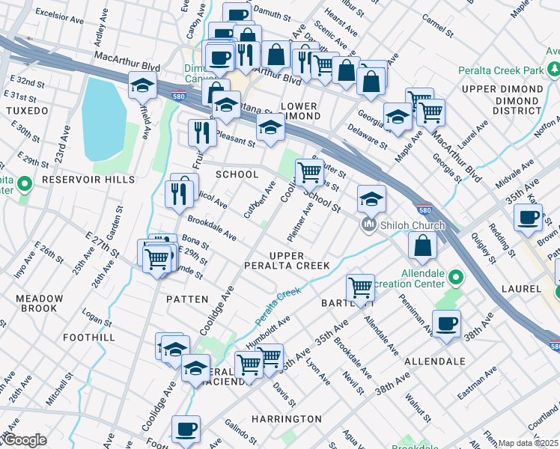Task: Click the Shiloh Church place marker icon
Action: pos(368,225)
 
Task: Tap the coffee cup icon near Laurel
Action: pos(528,217)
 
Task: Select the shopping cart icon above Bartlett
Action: pos(360,287)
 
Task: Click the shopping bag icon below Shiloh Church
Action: pos(423,245)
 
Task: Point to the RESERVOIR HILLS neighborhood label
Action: pos(78,180)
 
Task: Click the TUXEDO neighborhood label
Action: pos(27,111)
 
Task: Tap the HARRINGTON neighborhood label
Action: pos(286,419)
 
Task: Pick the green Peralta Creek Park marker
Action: pos(554,70)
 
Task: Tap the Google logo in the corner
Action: pos(24,439)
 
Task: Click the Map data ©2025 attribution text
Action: pos(528,443)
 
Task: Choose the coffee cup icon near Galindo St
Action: pos(186,430)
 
